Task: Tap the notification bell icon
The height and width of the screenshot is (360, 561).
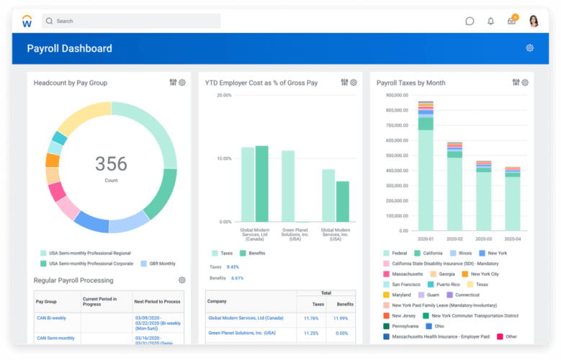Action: (490, 21)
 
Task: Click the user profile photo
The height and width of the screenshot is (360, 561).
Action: (534, 21)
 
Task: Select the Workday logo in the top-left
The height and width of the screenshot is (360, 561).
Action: (27, 21)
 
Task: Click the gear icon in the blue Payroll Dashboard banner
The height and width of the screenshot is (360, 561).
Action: (529, 48)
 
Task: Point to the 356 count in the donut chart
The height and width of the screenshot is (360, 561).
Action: (111, 163)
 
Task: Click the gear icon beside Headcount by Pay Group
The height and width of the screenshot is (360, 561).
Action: (182, 83)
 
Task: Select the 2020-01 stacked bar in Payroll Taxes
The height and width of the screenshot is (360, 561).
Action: (426, 173)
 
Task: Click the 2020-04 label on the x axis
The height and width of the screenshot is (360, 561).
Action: (512, 238)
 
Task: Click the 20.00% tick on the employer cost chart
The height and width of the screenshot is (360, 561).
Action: (224, 95)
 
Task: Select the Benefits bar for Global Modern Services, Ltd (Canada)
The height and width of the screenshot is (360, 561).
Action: (262, 184)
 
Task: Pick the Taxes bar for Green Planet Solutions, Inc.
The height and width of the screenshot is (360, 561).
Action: (288, 186)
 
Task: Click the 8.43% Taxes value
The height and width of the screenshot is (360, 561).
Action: (233, 267)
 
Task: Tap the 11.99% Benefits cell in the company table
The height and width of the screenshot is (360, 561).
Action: (341, 318)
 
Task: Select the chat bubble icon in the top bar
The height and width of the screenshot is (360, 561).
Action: (470, 21)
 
